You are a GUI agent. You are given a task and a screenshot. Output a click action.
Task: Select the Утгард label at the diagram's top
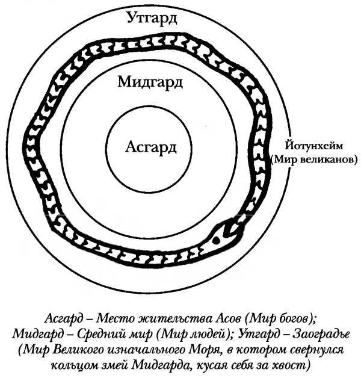coord(152,19)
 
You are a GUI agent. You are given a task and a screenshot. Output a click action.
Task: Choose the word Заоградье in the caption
coord(321,333)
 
